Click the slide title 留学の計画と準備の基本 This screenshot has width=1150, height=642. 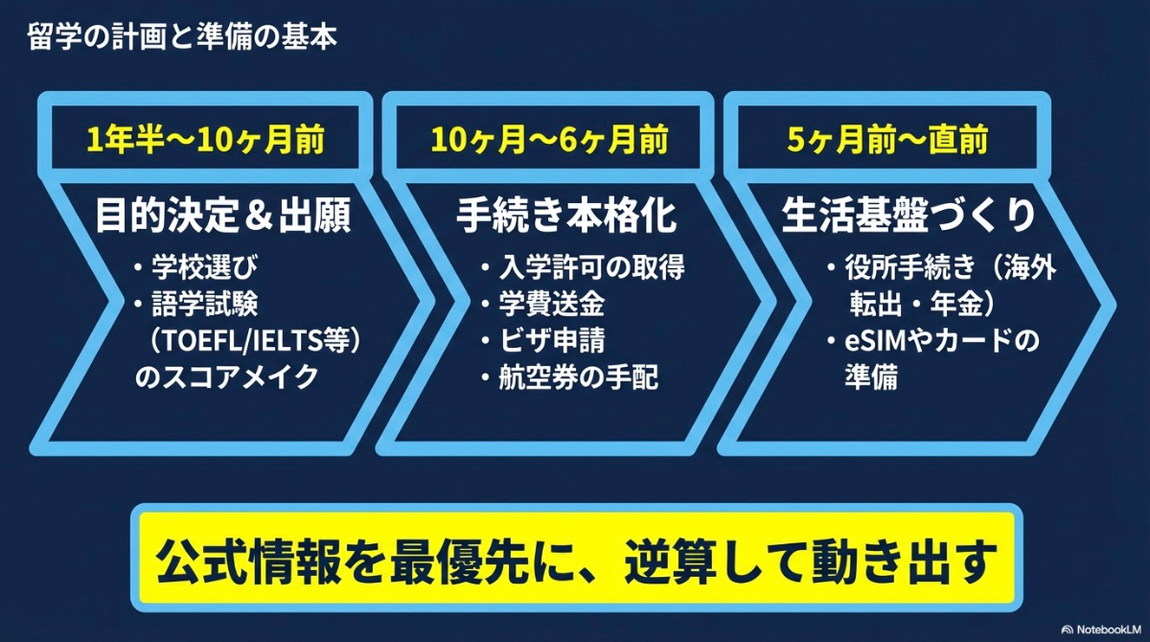click(x=181, y=40)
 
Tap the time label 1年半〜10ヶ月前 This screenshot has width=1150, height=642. click(x=205, y=141)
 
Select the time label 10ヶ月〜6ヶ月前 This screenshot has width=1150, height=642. click(x=549, y=141)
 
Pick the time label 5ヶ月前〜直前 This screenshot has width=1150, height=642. click(x=887, y=141)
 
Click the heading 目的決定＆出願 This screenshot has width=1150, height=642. click(x=223, y=217)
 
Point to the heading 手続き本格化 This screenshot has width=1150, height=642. click(x=566, y=217)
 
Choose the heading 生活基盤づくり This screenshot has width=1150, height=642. click(x=908, y=217)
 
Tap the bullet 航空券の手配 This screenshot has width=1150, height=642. click(x=579, y=378)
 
